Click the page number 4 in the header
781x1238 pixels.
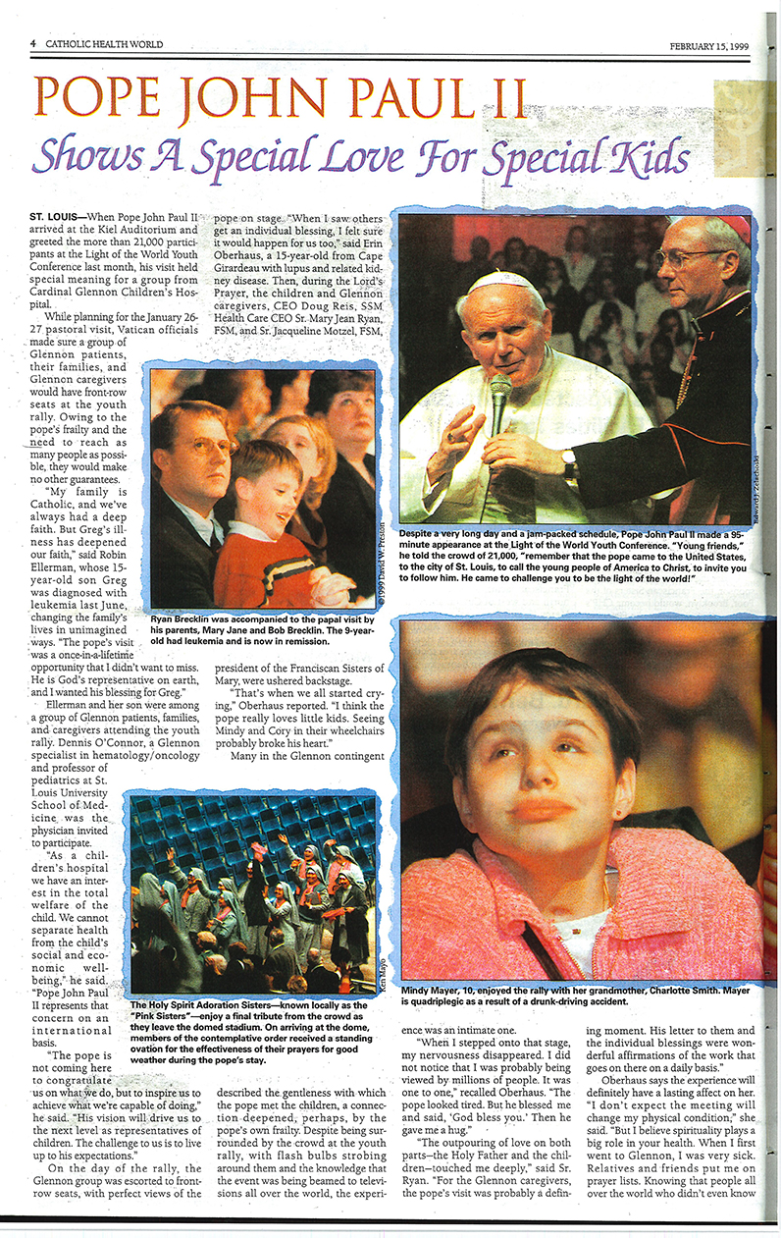(x=32, y=44)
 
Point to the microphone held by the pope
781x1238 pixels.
(x=500, y=394)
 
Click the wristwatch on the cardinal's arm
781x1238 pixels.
(x=569, y=462)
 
